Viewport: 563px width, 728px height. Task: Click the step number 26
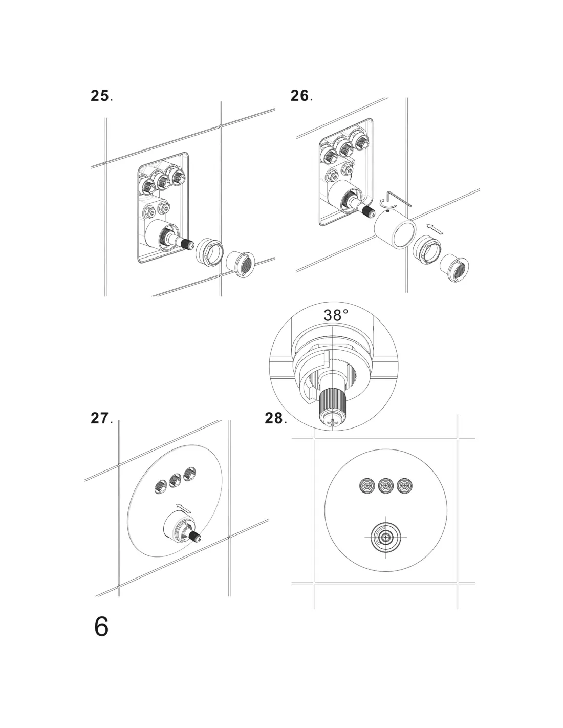click(299, 96)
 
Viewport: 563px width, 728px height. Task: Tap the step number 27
click(99, 418)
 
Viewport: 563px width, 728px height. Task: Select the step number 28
click(274, 418)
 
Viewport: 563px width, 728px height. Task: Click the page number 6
click(101, 627)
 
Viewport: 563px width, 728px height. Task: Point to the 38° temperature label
click(336, 315)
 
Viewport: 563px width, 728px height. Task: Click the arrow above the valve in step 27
click(183, 507)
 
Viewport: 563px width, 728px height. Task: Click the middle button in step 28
click(385, 485)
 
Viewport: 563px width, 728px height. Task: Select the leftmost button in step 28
click(366, 485)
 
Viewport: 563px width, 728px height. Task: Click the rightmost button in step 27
click(190, 474)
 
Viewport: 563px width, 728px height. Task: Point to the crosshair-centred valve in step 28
click(385, 537)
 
